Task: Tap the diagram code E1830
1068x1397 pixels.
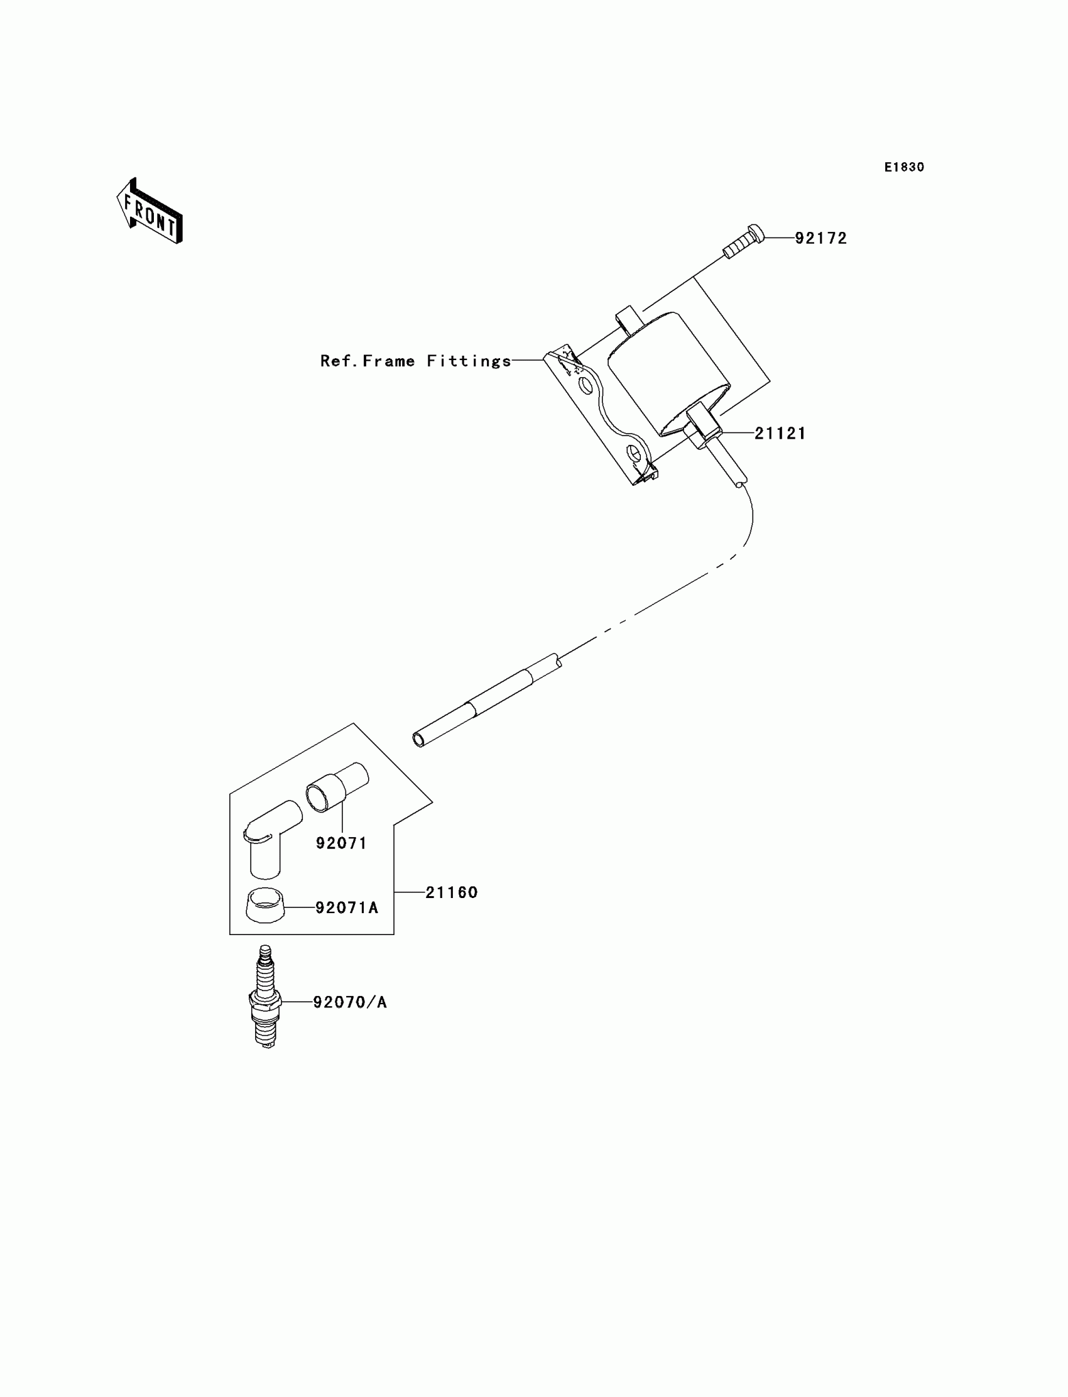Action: coord(904,167)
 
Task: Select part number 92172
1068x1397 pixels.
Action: coord(820,238)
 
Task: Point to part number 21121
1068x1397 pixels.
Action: coord(780,434)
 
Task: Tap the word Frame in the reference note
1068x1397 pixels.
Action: coord(388,361)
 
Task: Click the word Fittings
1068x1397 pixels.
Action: coord(469,361)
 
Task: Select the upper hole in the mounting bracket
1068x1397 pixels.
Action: coord(585,385)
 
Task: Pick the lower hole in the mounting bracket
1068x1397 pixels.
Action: coord(633,453)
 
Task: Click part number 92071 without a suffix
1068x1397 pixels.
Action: coord(341,843)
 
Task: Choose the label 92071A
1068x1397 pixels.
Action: coord(346,908)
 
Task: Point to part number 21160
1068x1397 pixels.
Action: coord(451,893)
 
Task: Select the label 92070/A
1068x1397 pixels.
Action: coord(350,1003)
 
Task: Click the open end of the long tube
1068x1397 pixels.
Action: coord(419,740)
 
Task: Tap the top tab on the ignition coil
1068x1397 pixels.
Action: coord(628,319)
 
